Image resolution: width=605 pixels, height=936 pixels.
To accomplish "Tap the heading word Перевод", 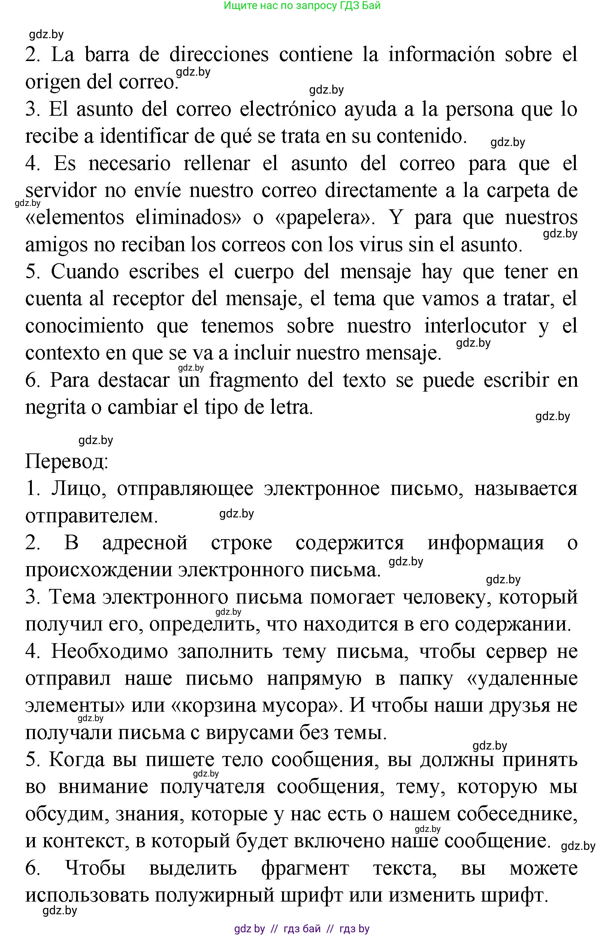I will click(67, 461).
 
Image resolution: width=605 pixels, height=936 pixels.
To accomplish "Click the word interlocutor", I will click(475, 326).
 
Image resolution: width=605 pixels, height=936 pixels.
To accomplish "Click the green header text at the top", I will click(302, 6).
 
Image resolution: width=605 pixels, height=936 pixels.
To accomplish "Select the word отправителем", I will click(91, 516).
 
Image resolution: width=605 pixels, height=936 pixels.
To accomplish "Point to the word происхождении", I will click(99, 570).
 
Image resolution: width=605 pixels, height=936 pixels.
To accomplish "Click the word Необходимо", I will click(109, 651).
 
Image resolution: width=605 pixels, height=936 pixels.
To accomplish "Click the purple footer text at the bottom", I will click(302, 929).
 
